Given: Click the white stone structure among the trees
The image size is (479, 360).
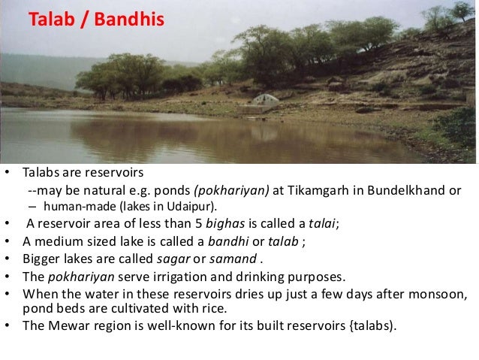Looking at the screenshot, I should click(264, 99).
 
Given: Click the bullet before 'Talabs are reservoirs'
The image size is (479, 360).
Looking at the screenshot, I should click(8, 173).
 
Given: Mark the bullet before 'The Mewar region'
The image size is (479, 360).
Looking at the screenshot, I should click(8, 325).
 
